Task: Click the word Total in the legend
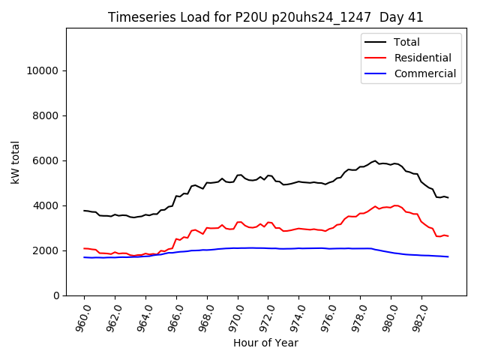(x=407, y=43)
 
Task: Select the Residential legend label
(x=423, y=58)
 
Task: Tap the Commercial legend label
(x=424, y=73)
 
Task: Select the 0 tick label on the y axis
(x=56, y=295)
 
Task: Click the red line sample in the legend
(x=376, y=58)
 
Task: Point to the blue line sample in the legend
(x=376, y=73)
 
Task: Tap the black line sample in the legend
(x=376, y=43)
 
